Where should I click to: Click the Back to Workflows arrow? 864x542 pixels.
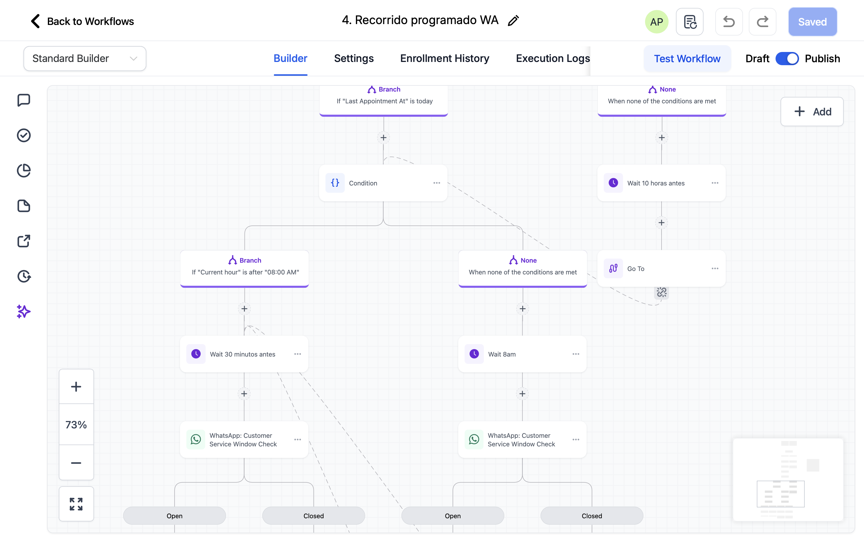coord(35,21)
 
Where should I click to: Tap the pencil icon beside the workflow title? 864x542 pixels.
coord(513,21)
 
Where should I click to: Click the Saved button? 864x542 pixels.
coord(812,22)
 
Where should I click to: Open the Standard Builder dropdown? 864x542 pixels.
coord(85,58)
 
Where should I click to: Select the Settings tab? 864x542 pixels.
coord(354,58)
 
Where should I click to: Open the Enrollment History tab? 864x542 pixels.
coord(445,58)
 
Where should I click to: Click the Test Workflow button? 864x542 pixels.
coord(687,58)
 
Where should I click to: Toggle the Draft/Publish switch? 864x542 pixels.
coord(787,58)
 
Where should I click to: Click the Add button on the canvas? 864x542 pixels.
coord(812,112)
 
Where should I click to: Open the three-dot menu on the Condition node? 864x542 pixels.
coord(436,183)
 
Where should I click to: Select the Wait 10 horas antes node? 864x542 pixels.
coord(656,183)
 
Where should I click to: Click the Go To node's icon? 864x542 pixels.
coord(613,268)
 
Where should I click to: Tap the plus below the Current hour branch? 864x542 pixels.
coord(244,309)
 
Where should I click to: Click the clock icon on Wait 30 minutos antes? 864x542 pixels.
coord(196,354)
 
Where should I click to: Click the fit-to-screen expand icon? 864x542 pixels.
coord(76,504)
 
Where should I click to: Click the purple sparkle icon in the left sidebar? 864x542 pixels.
coord(24,312)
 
